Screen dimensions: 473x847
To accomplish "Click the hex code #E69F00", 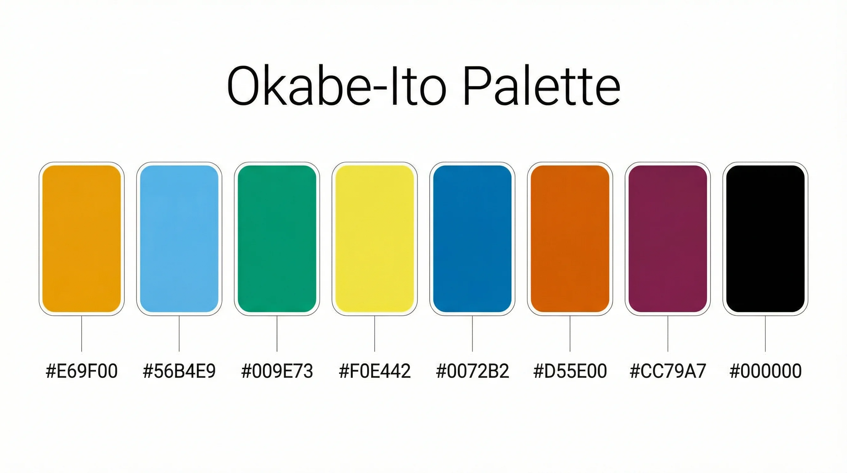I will coord(82,371).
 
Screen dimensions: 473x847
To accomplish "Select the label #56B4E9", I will coord(179,371).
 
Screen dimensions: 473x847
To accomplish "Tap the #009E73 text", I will coord(277,371).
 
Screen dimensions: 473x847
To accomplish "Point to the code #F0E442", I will coord(375,371).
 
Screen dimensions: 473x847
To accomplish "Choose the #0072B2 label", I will coord(472,371).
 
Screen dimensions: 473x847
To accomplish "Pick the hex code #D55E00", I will coord(570,371).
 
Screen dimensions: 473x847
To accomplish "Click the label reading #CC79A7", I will coord(668,371).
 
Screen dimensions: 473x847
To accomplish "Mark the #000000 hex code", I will coord(765,371).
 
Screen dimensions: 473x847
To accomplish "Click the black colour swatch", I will coord(765,238).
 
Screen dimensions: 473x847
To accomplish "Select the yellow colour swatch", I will coord(375,238).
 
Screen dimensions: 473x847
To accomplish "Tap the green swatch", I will coord(277,238).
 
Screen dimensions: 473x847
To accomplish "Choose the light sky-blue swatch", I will coord(179,238).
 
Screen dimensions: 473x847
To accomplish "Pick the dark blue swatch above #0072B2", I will coord(472,238).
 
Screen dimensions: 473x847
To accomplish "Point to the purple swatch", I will coord(668,238).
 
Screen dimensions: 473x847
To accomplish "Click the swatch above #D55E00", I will coord(570,238).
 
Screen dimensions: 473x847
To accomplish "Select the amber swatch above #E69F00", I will coord(82,238).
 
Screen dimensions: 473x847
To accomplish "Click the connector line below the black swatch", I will coord(765,334).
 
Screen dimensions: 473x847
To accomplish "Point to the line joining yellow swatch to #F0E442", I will coord(375,334).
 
